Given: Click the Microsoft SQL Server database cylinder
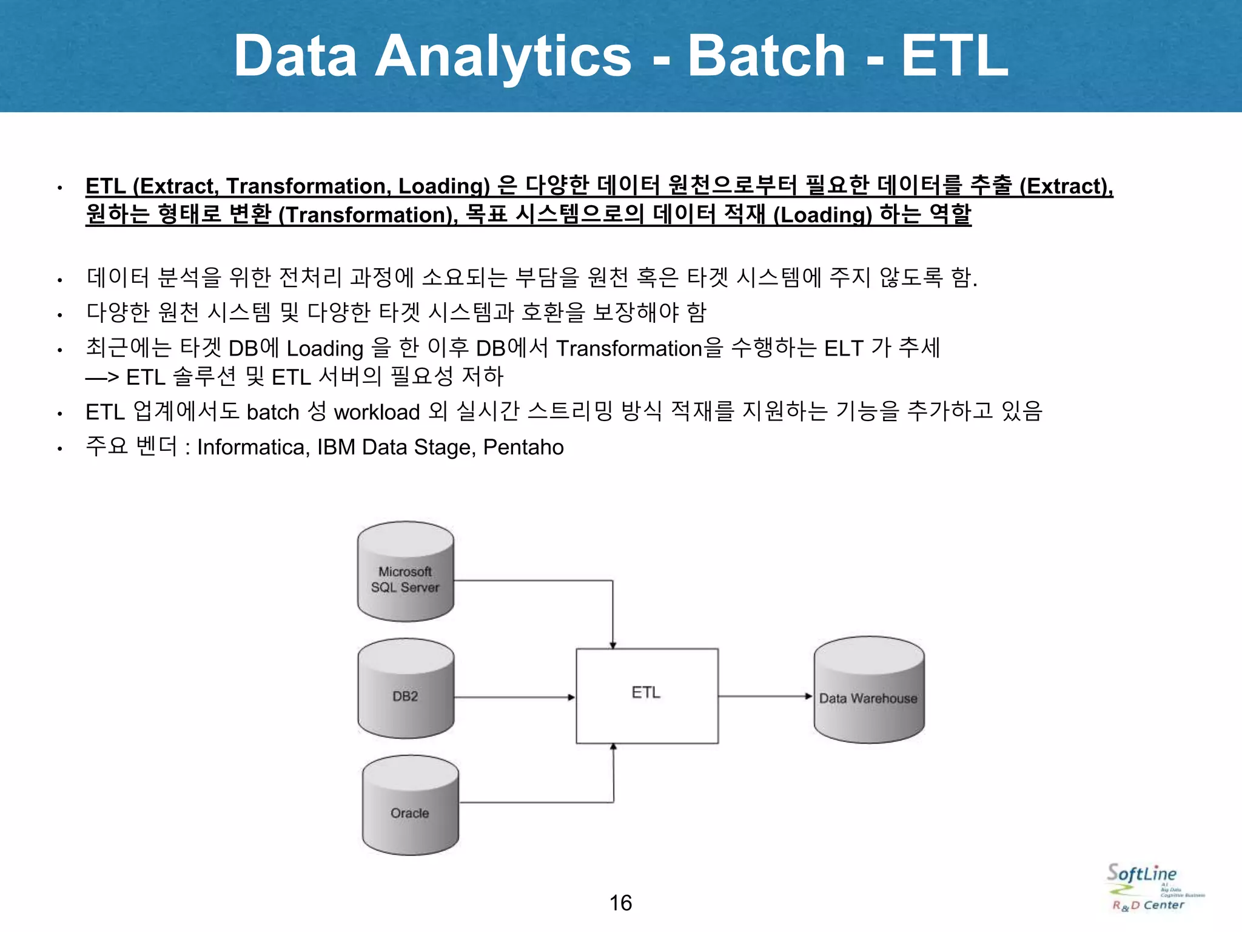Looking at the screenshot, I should (405, 572).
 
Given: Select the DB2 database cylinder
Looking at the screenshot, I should (405, 689).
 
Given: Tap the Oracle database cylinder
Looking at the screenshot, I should (410, 806).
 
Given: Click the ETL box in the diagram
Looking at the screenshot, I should (646, 696).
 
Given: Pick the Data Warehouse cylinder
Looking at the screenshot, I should (868, 691).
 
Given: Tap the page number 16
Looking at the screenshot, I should (620, 903).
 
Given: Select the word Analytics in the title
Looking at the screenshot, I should (503, 56).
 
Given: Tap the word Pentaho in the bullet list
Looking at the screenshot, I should (523, 447).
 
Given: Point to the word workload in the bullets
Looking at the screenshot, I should (377, 412).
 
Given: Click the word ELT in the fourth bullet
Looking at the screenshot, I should (844, 348).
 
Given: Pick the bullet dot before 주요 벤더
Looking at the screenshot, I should (59, 450).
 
